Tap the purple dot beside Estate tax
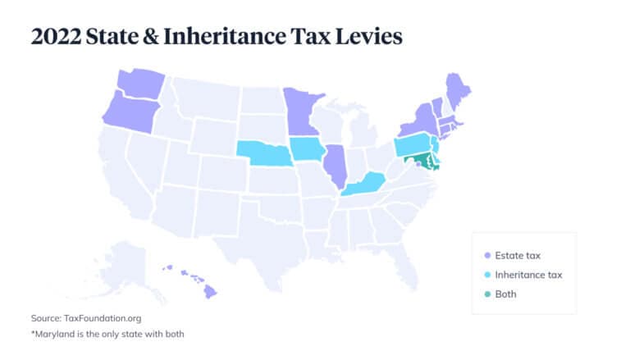coord(487,255)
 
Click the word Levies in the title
coord(364,36)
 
